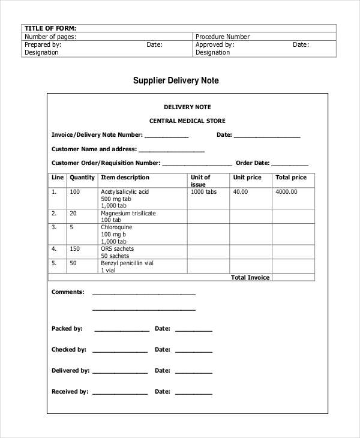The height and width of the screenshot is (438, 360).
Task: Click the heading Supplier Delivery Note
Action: tap(176, 80)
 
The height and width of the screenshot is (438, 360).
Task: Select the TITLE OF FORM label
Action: tap(50, 28)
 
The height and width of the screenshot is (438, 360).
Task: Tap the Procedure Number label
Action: tap(223, 37)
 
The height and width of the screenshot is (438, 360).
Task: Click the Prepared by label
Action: tap(43, 44)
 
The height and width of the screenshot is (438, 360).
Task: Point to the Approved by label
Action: tap(215, 44)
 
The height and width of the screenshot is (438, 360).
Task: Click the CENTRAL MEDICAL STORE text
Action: tap(187, 121)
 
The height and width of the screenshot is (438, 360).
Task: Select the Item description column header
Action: tap(125, 178)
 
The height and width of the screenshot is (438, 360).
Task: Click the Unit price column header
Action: tap(247, 178)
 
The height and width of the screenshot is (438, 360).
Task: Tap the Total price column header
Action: tap(290, 178)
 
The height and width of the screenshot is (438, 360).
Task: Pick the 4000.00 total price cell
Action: tap(286, 192)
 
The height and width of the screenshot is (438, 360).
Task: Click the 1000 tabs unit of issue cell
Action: tap(203, 192)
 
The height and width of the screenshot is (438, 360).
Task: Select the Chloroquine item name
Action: tap(116, 228)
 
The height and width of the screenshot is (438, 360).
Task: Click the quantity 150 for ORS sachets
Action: tap(75, 248)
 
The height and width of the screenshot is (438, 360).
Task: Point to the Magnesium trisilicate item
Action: tap(128, 213)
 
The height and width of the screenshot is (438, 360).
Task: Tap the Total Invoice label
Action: tap(250, 277)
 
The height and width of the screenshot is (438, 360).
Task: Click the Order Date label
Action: tap(253, 163)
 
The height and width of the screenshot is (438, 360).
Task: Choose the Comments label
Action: tap(68, 292)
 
